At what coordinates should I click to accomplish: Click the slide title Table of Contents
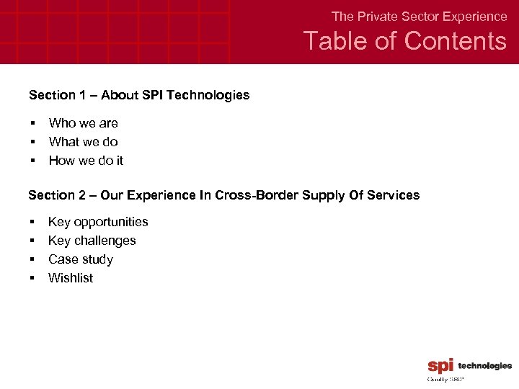coord(404,41)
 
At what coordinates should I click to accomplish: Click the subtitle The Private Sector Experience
coord(419,16)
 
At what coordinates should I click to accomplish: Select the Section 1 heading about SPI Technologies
coord(139,95)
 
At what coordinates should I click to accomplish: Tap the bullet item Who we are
coord(83,123)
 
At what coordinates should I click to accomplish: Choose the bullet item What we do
coord(83,142)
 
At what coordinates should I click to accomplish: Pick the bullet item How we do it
coord(86,161)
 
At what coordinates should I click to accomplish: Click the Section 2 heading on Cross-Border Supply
coord(223,195)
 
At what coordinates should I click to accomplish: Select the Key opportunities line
coord(98,222)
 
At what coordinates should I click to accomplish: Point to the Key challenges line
coord(92,241)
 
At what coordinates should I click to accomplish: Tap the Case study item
coord(80,259)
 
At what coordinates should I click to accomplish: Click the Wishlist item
coord(70,278)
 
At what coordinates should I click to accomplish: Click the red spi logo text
coord(440,366)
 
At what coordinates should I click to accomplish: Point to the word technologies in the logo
coord(484,366)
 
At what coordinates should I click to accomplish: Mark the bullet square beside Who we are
coord(32,124)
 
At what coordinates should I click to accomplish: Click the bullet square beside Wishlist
coord(32,279)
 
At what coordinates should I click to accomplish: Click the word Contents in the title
coord(456,41)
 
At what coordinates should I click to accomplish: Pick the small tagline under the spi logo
coord(445,378)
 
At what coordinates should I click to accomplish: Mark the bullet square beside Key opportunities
coord(32,223)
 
